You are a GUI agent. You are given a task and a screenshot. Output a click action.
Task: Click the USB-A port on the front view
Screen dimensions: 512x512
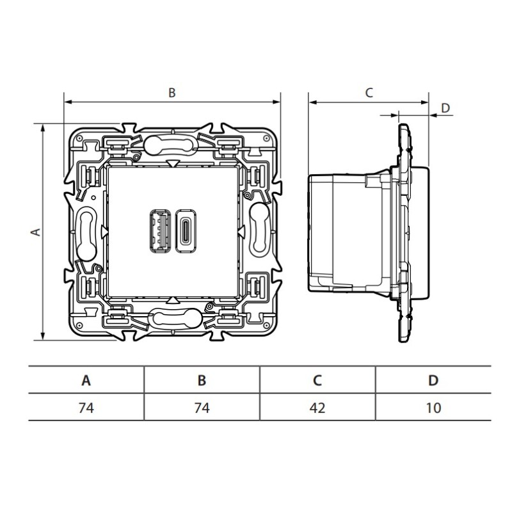[160, 231]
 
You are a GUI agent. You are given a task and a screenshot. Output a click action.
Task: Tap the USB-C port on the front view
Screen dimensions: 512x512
[186, 231]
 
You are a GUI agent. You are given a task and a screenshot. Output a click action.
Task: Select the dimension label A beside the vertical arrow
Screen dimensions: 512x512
[36, 232]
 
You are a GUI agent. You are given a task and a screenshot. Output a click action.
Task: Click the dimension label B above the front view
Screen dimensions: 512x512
[172, 93]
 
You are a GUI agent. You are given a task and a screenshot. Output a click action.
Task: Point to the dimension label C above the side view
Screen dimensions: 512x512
[369, 93]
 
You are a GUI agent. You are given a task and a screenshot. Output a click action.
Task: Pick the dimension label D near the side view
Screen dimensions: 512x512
[445, 108]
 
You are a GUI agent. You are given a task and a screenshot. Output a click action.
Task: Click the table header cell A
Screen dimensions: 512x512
[86, 380]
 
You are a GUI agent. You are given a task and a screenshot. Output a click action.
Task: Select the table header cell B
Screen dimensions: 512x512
[202, 380]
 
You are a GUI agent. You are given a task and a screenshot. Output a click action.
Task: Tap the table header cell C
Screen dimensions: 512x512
[317, 380]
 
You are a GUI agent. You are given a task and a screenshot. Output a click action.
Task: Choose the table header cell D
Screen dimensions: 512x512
[433, 380]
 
